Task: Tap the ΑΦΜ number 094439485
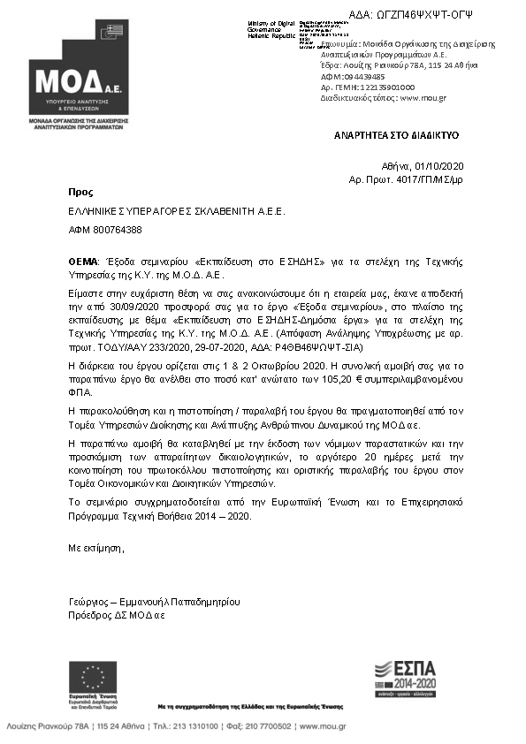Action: (356, 77)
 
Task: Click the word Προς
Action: (80, 191)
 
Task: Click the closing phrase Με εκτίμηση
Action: (96, 548)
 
